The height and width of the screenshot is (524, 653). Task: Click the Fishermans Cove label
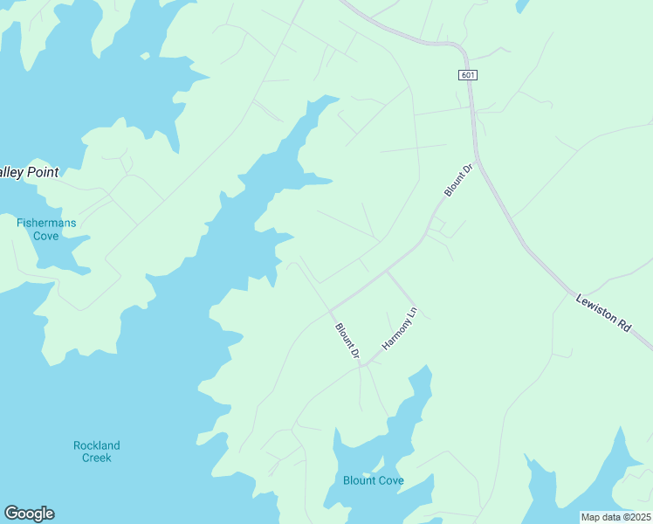(46, 229)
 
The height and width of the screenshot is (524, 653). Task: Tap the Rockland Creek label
(97, 452)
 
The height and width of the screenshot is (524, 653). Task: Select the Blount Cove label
(373, 480)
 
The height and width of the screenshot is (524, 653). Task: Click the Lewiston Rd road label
(603, 312)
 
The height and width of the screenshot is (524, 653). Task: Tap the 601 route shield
(468, 75)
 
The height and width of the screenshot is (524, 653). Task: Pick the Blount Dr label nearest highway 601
(457, 179)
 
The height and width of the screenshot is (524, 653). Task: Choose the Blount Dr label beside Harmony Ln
(347, 341)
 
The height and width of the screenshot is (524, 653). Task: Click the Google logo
(29, 514)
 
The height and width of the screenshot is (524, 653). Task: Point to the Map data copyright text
(615, 517)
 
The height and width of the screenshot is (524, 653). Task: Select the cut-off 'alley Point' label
(29, 172)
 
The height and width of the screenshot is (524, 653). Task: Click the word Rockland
(97, 445)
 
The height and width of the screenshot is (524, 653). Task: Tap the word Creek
(97, 458)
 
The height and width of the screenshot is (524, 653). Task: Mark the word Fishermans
(46, 223)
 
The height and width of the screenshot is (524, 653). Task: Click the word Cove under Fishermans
(46, 236)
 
